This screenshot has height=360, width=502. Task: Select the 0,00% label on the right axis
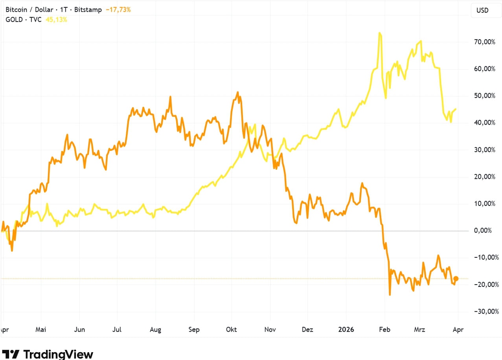coord(483,230)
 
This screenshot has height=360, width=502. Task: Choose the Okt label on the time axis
coord(232,330)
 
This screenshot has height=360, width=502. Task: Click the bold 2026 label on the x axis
coord(346,330)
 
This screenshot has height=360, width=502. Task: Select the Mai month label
coord(40,330)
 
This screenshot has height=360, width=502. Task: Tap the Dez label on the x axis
coord(307,330)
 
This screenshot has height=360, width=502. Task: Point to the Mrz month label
coord(420,330)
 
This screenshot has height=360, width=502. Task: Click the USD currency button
coord(482,10)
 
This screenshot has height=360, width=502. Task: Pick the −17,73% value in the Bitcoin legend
coord(118,9)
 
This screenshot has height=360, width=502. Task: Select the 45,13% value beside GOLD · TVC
coord(57,19)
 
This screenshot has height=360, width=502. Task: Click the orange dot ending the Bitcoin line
coord(456,279)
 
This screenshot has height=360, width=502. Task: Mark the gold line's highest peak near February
coord(379,33)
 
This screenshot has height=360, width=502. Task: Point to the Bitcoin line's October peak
coord(237,92)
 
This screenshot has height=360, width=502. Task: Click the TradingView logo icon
coord(11,354)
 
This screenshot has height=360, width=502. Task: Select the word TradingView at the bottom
coord(58,354)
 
